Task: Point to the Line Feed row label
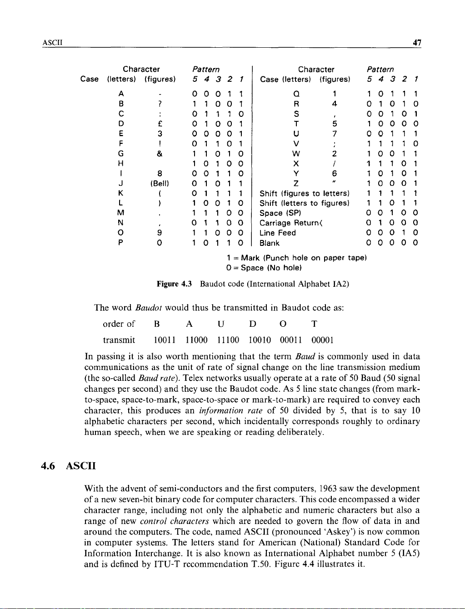(x=277, y=233)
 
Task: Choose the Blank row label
(x=270, y=243)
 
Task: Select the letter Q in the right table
(x=296, y=94)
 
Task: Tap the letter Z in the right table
(x=296, y=184)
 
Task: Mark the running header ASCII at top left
(x=51, y=43)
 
